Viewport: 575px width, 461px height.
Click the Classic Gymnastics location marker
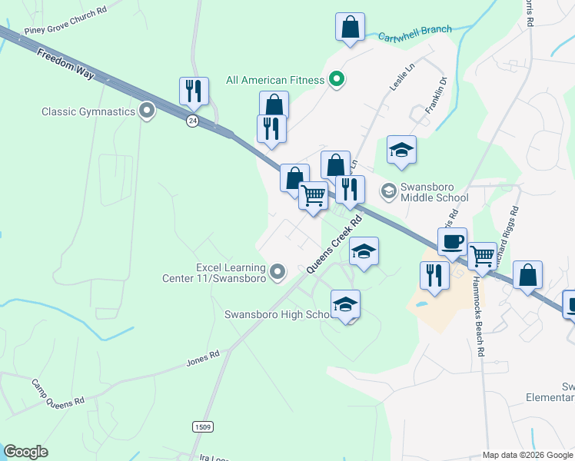click(147, 112)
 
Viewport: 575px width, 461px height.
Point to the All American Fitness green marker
click(336, 78)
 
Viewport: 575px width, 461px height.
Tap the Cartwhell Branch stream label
click(414, 33)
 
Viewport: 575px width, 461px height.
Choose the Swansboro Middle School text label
click(436, 192)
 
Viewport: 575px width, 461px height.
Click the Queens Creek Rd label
click(334, 244)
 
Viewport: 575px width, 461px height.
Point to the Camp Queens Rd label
click(58, 392)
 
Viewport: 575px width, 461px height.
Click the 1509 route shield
click(201, 425)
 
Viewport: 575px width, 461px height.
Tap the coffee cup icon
click(452, 240)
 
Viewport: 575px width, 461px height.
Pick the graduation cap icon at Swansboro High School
click(345, 304)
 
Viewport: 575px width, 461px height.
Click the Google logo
click(26, 453)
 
